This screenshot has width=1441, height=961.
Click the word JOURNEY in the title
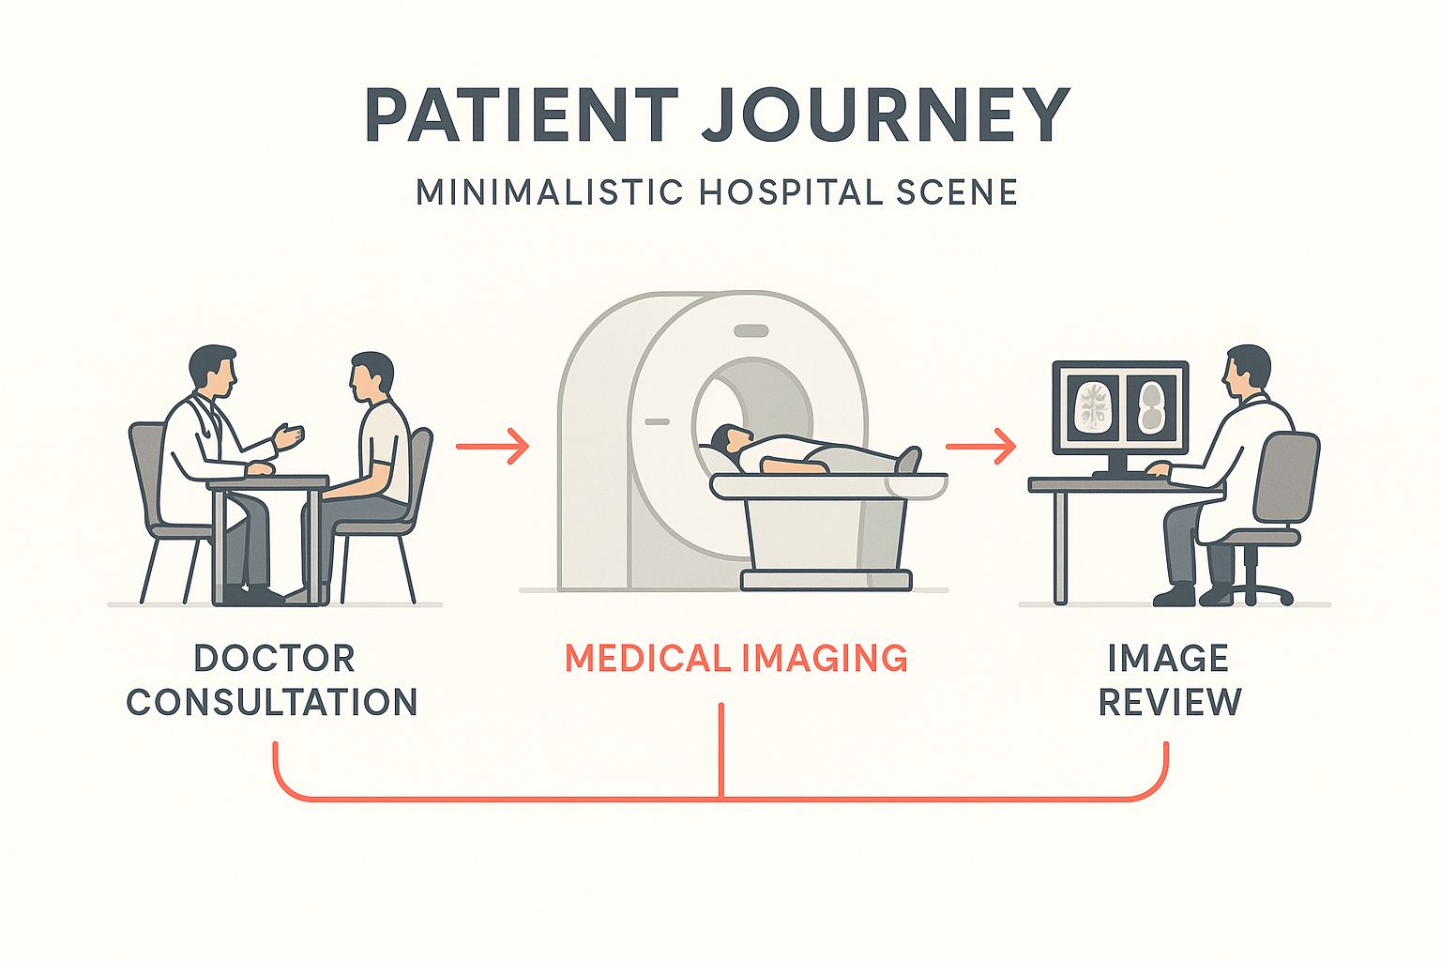(885, 114)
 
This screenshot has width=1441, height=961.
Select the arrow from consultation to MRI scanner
(493, 446)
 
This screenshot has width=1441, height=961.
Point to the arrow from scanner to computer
(981, 446)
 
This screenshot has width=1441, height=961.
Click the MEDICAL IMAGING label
(736, 658)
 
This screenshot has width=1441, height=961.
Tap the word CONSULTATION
(272, 702)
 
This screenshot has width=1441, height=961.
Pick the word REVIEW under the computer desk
(1170, 702)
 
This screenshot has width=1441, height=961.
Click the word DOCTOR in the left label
(274, 658)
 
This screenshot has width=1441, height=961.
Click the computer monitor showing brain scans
(1120, 409)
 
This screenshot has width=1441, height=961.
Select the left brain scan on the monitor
(1093, 405)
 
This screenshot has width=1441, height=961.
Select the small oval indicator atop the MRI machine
(751, 330)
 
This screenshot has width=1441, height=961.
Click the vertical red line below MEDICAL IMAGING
(721, 751)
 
